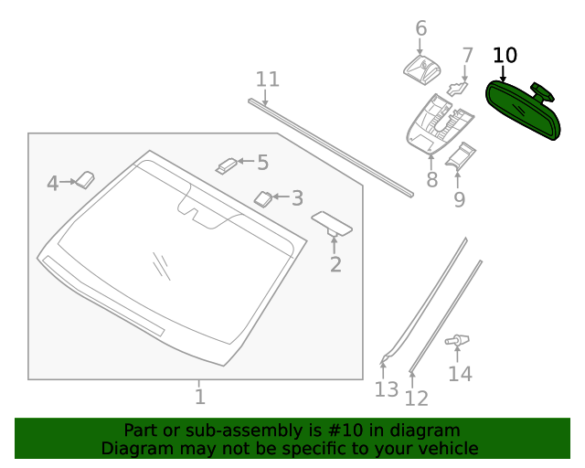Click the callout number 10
505,55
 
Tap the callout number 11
267,80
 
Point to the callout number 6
420,28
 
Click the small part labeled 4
85,179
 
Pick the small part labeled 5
226,165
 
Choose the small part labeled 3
262,197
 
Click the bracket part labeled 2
333,223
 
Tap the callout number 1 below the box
199,397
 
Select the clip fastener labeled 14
457,342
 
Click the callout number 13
387,389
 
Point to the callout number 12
417,399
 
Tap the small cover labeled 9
462,156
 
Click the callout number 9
459,199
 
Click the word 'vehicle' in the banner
446,449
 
